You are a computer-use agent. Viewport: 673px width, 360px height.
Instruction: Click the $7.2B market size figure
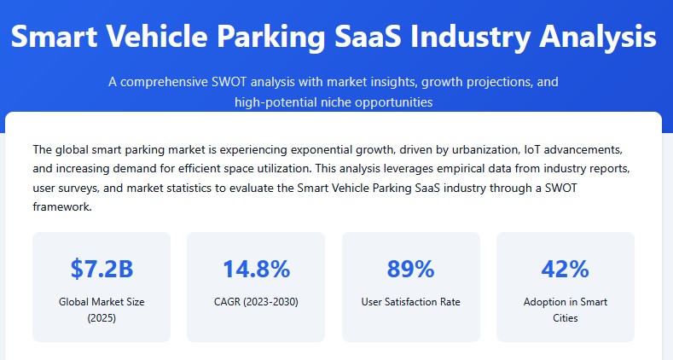pos(102,270)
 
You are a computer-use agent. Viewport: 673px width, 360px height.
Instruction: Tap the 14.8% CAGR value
pos(256,270)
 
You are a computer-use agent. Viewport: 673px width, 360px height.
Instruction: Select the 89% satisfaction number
pos(410,270)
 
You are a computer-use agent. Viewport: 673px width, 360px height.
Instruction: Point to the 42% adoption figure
pos(565,270)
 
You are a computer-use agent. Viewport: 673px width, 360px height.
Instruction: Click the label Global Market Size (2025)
pos(102,310)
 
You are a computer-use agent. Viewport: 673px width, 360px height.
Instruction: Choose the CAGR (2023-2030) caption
pos(256,302)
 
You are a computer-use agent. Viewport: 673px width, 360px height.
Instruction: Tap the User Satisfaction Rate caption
pos(410,302)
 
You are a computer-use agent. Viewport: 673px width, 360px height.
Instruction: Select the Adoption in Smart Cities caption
pos(565,310)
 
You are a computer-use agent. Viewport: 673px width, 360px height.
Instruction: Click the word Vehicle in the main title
pos(170,38)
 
